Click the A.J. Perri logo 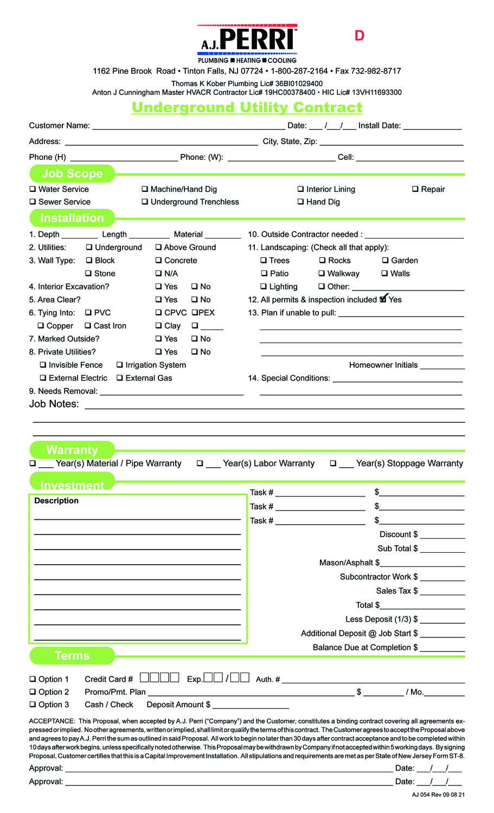click(x=247, y=43)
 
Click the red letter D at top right click(x=360, y=36)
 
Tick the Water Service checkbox click(x=33, y=189)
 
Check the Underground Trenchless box click(x=145, y=202)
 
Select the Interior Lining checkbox click(x=300, y=189)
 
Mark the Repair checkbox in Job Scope click(x=415, y=189)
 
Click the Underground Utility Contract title click(x=247, y=107)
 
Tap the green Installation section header click(x=72, y=218)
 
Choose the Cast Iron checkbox click(x=88, y=326)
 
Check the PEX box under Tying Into click(x=195, y=313)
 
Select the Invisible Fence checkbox click(x=43, y=365)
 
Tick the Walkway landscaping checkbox click(x=322, y=273)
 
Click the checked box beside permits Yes click(x=383, y=299)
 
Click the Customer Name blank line click(x=188, y=128)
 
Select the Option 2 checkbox click(x=33, y=692)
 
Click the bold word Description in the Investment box click(x=56, y=501)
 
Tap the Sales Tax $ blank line click(x=442, y=593)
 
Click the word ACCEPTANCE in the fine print click(x=52, y=721)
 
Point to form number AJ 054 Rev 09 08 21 click(x=438, y=795)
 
